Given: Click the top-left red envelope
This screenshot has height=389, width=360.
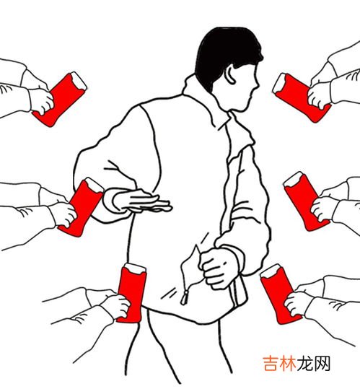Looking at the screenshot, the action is (60, 100).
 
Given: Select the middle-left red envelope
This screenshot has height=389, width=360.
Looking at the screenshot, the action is (82, 206).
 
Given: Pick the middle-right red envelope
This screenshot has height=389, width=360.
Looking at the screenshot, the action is (305, 201).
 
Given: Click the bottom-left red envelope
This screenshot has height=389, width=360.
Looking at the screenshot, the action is (131, 293).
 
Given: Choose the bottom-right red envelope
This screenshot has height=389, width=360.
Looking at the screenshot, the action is (279, 294).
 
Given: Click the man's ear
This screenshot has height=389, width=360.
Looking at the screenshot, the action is (230, 74).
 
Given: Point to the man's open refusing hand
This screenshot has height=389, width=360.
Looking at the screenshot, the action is (141, 201).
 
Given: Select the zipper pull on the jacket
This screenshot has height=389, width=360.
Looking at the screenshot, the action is (185, 297).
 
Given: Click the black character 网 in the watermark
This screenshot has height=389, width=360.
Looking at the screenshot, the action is (322, 364).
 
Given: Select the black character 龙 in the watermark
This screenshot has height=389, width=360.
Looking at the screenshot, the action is (305, 364).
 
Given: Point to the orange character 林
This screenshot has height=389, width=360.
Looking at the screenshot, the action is (288, 364).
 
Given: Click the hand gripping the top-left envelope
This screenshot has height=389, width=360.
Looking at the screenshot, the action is (42, 100).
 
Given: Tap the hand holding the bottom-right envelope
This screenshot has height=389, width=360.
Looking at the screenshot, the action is (296, 304).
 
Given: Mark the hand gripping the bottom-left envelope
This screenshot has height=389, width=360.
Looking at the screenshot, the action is (118, 306).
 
